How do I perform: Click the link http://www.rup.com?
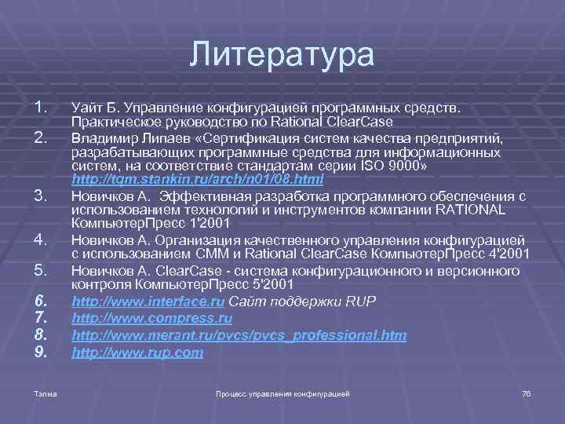click(x=137, y=353)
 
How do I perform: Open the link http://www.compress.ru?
click(x=151, y=318)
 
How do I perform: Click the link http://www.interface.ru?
click(x=148, y=301)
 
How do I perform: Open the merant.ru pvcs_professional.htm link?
click(x=239, y=336)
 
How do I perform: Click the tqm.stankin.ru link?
click(x=197, y=181)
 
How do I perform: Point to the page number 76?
click(x=526, y=392)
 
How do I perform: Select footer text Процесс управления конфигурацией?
click(x=282, y=392)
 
